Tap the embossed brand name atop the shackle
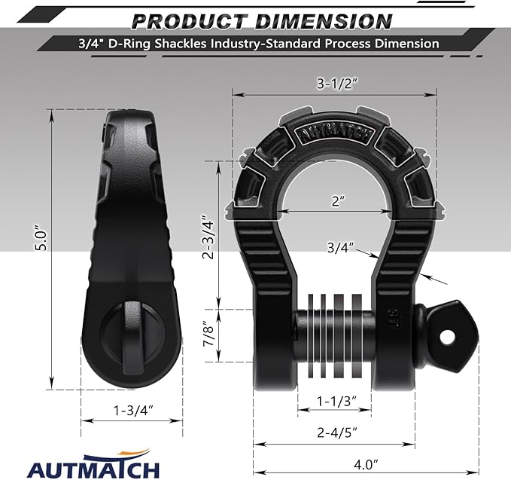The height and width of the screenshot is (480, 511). tap(334, 133)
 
